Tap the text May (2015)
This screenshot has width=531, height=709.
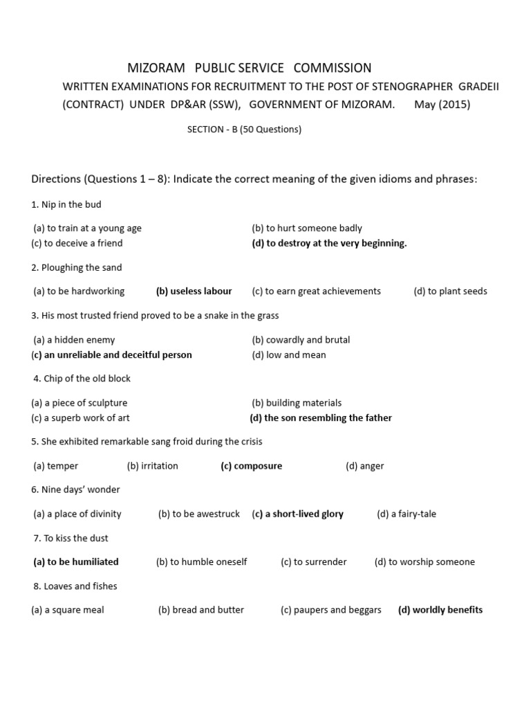(x=442, y=105)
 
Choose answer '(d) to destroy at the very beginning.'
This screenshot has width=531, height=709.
(x=329, y=243)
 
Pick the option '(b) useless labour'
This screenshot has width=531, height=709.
(x=194, y=291)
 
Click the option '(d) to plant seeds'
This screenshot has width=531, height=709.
(x=450, y=291)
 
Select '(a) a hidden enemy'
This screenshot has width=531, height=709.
(x=74, y=340)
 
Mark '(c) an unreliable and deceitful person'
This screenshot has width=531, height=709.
(x=112, y=354)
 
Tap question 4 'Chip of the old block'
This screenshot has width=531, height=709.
(x=82, y=379)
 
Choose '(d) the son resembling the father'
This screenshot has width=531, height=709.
(x=321, y=418)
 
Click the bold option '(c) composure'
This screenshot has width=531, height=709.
(x=252, y=466)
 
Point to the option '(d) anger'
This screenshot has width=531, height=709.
(x=365, y=466)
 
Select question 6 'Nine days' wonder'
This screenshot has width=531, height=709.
(x=75, y=490)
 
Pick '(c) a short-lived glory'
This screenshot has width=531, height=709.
(x=298, y=514)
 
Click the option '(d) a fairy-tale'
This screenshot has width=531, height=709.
(x=407, y=514)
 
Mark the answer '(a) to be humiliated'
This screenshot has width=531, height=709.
(x=76, y=562)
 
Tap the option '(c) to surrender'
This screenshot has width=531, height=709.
(x=314, y=562)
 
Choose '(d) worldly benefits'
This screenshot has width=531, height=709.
(x=440, y=610)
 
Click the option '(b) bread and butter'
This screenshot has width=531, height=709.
(x=201, y=610)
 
